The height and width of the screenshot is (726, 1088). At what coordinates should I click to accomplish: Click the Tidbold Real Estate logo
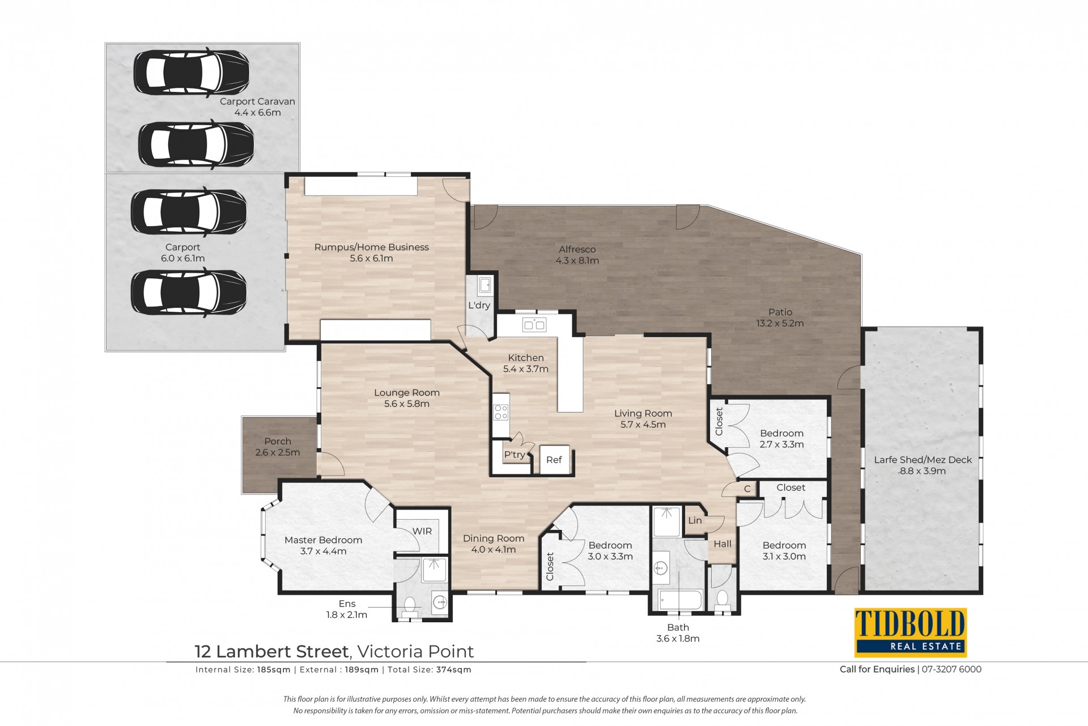910,632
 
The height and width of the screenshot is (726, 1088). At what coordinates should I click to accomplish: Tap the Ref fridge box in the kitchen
554,460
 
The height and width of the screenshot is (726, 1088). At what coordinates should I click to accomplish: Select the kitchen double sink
534,325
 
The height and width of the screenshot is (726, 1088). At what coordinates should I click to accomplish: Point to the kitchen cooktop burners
501,412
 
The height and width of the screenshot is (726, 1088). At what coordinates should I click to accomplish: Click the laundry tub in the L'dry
485,285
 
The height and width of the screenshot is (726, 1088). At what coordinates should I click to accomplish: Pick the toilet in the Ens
410,605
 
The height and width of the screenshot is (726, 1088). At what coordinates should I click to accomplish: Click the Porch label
278,441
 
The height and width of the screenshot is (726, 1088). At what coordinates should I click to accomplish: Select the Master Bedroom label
323,540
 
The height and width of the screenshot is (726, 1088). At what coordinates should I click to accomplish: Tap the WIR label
422,531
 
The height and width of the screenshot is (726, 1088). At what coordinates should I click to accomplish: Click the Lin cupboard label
695,520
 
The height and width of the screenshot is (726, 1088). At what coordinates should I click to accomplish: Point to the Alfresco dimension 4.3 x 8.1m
577,261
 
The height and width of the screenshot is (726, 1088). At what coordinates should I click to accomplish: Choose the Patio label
780,312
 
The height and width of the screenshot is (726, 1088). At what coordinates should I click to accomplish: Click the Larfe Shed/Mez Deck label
923,460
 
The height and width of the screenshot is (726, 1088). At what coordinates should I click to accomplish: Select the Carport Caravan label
257,101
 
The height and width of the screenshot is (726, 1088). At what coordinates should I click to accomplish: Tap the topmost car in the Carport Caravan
192,72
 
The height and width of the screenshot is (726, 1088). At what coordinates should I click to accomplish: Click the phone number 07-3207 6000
951,669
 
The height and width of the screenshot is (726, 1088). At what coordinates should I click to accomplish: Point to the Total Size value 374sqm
453,670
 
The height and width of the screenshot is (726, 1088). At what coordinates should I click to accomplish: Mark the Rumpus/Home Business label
372,247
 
